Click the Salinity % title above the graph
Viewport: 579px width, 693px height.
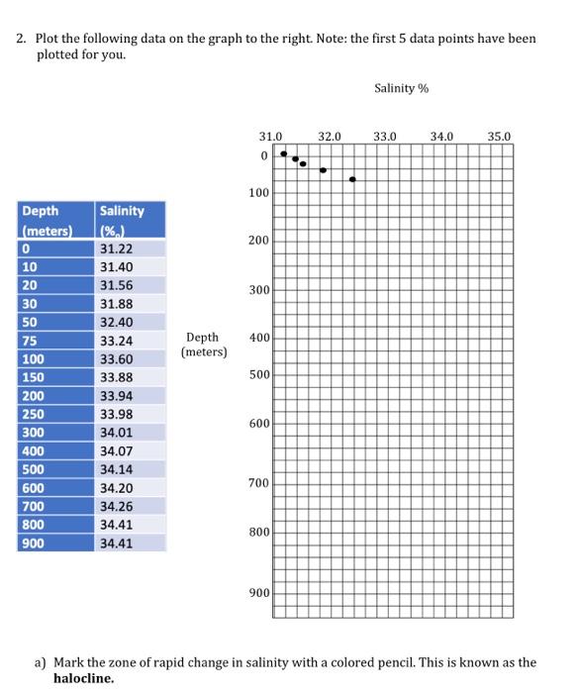click(x=402, y=89)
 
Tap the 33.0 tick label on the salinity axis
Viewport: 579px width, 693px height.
click(x=384, y=135)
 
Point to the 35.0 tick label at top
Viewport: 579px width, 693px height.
click(x=500, y=135)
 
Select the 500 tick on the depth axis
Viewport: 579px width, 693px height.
click(x=258, y=376)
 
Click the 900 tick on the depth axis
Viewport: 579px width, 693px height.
click(x=258, y=593)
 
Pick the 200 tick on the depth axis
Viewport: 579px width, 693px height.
click(x=258, y=241)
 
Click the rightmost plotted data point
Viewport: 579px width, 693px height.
click(x=352, y=179)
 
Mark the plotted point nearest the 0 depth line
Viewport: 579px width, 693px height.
click(x=284, y=153)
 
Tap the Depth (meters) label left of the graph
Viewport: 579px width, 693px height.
click(x=205, y=345)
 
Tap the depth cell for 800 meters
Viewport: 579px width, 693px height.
click(x=34, y=525)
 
